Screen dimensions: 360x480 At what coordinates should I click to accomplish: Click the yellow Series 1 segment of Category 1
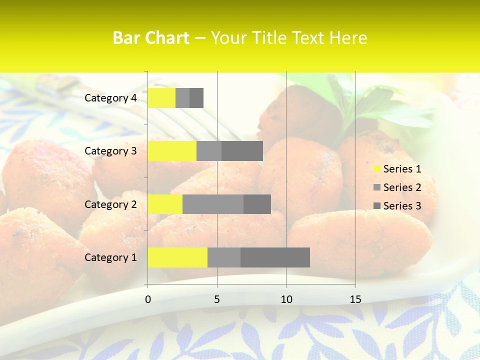(177, 257)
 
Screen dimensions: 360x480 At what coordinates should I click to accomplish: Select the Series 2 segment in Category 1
(224, 257)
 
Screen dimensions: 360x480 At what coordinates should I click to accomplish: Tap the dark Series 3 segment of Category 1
(275, 257)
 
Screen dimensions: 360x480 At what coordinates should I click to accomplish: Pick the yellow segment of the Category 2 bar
(165, 204)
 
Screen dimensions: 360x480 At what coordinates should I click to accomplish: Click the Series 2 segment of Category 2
(213, 204)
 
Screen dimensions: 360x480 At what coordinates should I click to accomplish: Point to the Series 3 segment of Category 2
(257, 204)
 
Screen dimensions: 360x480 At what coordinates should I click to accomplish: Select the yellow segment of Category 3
(172, 151)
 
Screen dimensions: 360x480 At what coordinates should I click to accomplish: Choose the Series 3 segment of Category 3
(242, 151)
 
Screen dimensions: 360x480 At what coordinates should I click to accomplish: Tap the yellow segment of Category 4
(161, 98)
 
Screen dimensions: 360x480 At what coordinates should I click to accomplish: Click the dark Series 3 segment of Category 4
(196, 98)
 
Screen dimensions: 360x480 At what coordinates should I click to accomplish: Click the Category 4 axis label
(110, 98)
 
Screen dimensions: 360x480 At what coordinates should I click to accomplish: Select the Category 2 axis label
(110, 204)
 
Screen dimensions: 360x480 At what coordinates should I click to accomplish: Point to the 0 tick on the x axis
(148, 299)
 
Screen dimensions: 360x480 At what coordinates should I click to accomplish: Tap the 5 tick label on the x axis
(217, 299)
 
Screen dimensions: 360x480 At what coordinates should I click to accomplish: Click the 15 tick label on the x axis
(355, 299)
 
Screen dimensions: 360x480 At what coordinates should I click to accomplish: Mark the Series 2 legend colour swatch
(377, 187)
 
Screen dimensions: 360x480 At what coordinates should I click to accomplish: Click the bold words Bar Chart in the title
(151, 37)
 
